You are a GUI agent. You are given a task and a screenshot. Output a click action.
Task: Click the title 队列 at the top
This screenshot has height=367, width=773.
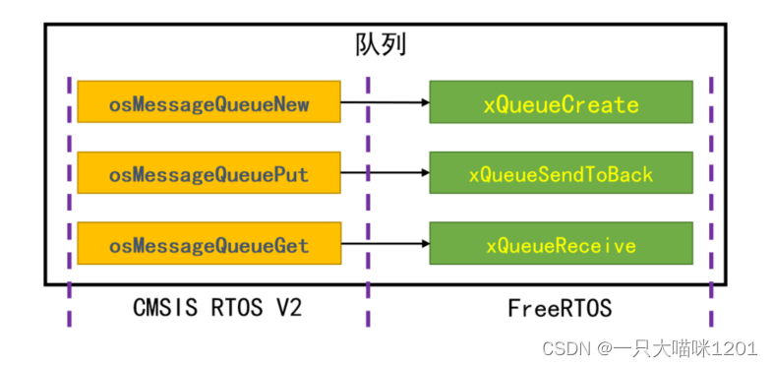coord(380,45)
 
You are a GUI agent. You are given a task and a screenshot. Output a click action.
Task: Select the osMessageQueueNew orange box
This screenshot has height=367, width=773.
coord(208,101)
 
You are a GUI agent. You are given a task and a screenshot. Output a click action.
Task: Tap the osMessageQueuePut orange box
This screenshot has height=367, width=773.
coord(208,174)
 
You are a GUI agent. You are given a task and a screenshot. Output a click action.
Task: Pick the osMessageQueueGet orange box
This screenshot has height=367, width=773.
coord(208,244)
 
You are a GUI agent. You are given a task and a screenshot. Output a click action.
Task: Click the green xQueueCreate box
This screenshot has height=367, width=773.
coord(561,102)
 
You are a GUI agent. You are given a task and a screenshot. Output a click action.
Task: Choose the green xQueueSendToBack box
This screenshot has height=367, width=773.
coord(561,174)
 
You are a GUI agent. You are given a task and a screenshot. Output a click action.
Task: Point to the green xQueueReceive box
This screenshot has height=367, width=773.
coord(561,244)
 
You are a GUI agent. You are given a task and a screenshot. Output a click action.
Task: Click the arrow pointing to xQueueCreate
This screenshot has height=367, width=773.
coord(385,101)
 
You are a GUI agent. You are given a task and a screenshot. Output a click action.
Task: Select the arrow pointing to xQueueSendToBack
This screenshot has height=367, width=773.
coord(385,174)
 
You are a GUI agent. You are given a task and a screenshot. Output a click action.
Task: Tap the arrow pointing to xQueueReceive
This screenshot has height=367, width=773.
coord(385,244)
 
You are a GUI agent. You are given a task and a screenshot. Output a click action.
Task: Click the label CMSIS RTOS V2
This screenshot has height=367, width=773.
coord(216,309)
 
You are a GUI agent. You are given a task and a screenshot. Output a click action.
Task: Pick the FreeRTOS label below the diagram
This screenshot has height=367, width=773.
coord(560,309)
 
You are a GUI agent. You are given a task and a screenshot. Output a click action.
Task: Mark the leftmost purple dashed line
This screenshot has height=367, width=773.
coord(69,197)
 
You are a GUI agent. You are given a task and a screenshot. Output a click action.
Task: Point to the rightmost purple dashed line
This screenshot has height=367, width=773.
coord(710,197)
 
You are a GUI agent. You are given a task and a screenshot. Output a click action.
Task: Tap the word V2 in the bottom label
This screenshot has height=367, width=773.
coord(286,309)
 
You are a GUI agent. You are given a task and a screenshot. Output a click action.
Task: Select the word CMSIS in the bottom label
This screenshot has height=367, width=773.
coord(161,309)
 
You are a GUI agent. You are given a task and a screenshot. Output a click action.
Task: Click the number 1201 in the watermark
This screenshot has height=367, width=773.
coord(735,347)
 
